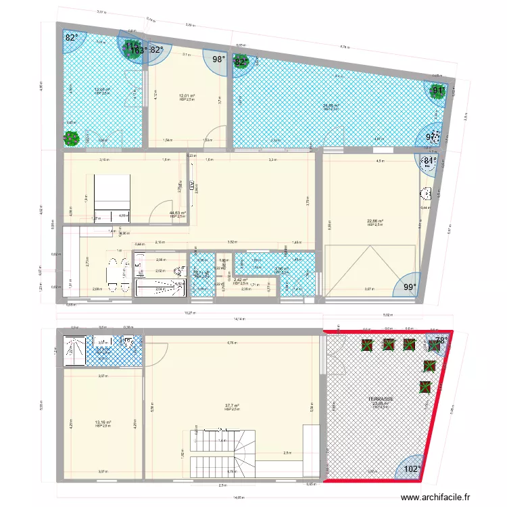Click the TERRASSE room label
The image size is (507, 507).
[381, 400]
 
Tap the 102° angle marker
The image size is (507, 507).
[411, 468]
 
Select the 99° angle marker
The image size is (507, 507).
[410, 287]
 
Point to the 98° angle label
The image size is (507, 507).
[218, 59]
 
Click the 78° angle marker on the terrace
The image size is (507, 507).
[440, 341]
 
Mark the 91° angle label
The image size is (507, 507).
[439, 90]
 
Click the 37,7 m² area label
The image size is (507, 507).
[233, 406]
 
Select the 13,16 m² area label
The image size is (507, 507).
[103, 422]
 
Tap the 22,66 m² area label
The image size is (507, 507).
[375, 221]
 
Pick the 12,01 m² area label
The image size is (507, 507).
[187, 96]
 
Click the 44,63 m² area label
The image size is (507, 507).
[178, 213]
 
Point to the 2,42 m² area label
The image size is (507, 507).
[241, 280]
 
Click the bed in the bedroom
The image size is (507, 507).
[112, 193]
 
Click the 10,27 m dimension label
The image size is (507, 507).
[191, 313]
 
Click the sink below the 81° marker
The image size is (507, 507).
[427, 194]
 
